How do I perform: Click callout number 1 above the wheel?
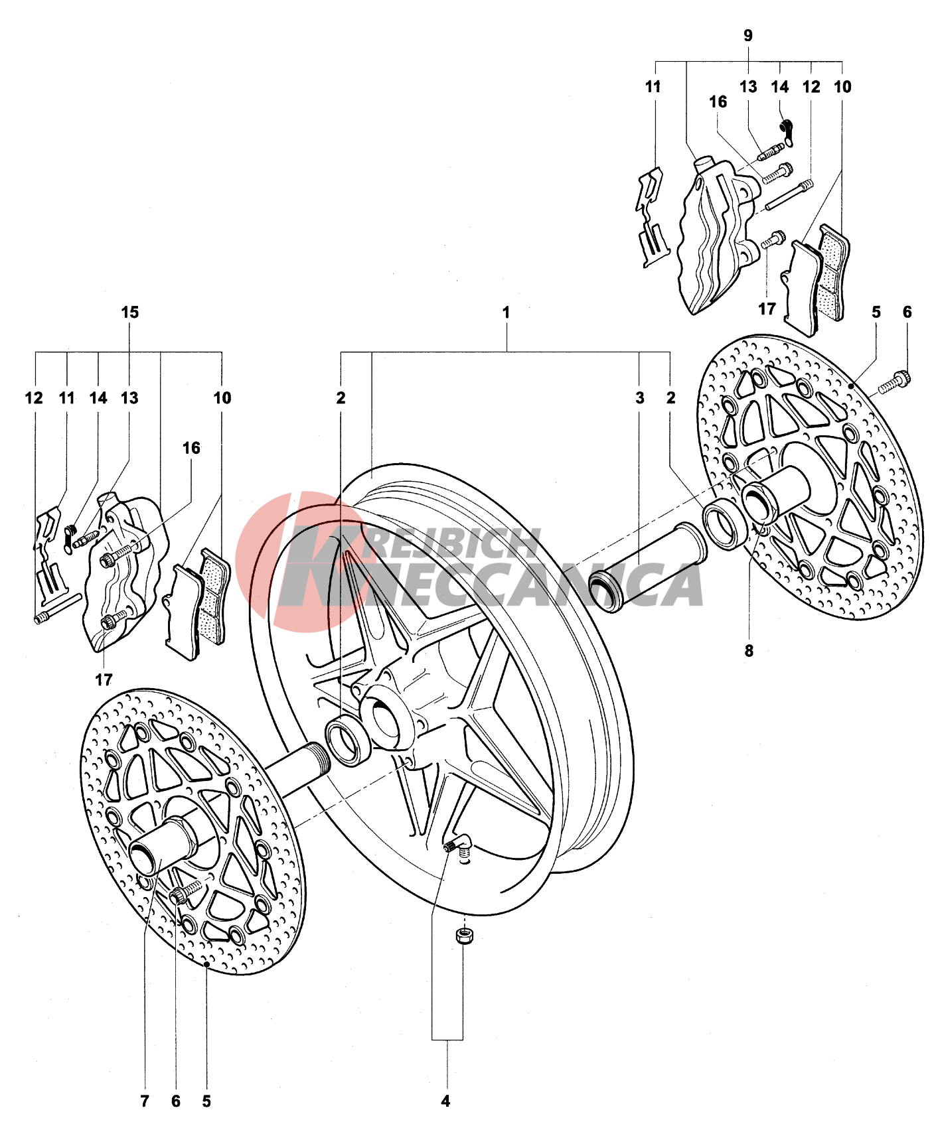[x=506, y=312]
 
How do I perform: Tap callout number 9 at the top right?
[x=748, y=35]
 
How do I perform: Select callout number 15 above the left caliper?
[x=130, y=312]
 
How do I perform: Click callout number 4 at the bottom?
[x=445, y=1101]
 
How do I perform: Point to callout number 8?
[x=749, y=651]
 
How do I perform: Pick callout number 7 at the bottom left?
[x=145, y=1101]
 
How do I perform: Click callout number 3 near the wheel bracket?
[x=640, y=398]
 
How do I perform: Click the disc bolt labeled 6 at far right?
[x=894, y=382]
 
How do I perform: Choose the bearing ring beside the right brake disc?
[x=726, y=526]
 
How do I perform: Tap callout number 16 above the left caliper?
[x=191, y=449]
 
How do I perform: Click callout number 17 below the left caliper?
[x=104, y=679]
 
